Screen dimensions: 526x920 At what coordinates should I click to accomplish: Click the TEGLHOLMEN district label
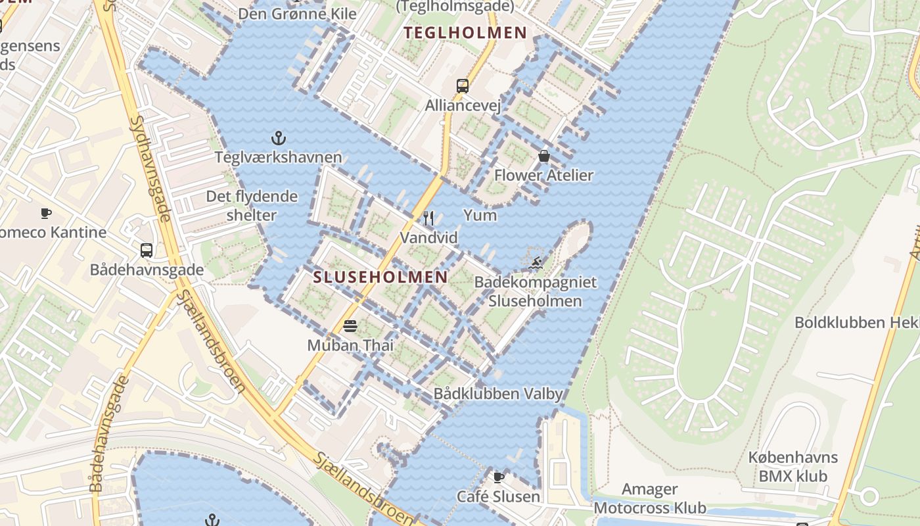click(x=465, y=33)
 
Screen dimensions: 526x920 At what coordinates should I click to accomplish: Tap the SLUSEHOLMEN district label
click(x=380, y=277)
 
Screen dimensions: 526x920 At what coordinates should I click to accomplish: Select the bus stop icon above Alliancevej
click(x=463, y=85)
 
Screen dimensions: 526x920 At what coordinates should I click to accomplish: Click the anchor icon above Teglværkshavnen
click(x=279, y=138)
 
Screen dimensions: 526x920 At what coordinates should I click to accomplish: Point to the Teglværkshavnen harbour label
click(x=279, y=157)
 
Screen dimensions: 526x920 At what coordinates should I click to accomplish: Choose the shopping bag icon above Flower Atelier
click(x=544, y=156)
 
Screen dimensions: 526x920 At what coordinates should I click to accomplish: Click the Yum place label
click(x=480, y=215)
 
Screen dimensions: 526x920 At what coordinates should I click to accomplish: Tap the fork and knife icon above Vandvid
click(x=429, y=218)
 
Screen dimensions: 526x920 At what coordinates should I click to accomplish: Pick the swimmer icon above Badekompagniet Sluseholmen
click(x=536, y=263)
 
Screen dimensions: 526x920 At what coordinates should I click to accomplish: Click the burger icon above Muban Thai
click(x=350, y=325)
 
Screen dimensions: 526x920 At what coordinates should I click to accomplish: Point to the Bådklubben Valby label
click(x=498, y=394)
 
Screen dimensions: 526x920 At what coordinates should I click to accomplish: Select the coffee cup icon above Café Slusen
click(x=499, y=477)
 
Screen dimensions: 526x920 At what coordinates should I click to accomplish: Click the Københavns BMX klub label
click(x=793, y=466)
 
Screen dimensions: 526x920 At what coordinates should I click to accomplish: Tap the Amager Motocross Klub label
click(x=650, y=498)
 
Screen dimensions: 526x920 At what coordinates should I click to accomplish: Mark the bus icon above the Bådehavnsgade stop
click(x=147, y=250)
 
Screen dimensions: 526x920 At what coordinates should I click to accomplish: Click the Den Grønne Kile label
click(x=298, y=13)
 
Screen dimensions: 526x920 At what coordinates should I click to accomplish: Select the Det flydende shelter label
click(x=252, y=205)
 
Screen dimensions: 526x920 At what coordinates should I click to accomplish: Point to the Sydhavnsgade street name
click(x=152, y=170)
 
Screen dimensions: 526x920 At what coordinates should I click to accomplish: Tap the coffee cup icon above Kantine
click(x=45, y=213)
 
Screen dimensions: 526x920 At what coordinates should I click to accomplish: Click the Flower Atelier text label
click(x=543, y=176)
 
